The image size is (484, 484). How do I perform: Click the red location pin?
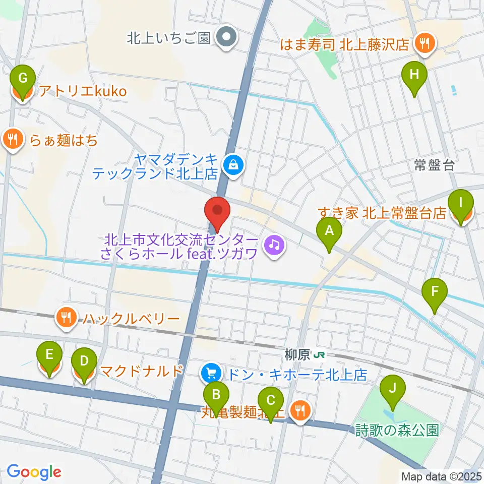point(218,214)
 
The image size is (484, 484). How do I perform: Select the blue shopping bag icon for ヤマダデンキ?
point(233,164)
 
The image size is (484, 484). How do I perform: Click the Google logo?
point(34,471)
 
